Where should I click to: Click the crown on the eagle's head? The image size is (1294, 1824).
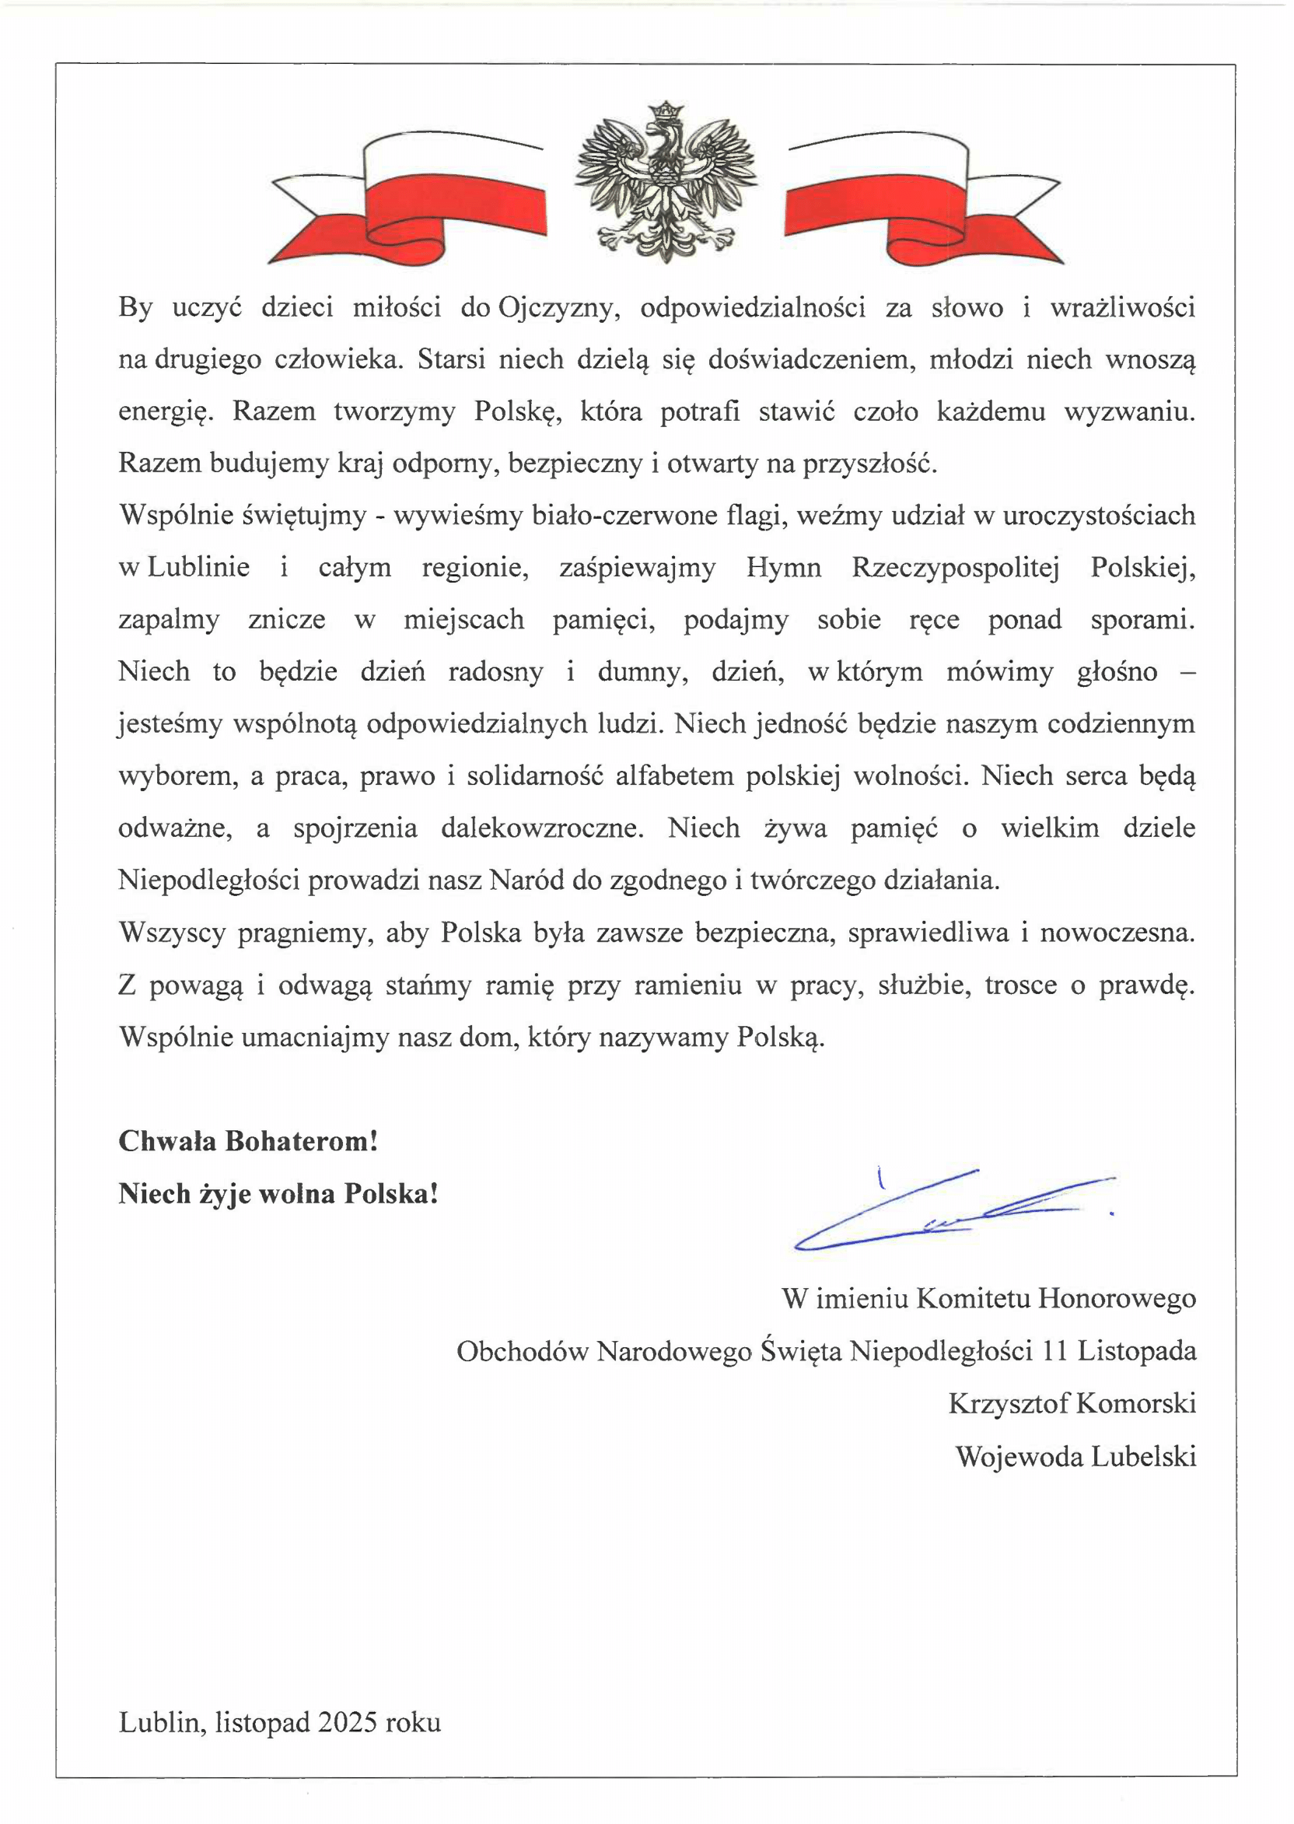(x=666, y=110)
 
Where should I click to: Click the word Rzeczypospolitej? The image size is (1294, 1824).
(x=956, y=568)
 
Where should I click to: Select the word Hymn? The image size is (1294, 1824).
(x=783, y=568)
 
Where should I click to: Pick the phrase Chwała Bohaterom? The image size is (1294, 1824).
(x=248, y=1141)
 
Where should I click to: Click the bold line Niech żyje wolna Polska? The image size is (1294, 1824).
(x=278, y=1194)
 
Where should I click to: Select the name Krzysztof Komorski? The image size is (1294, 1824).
(x=1072, y=1403)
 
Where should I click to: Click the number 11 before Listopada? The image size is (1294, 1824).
(x=1054, y=1350)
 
